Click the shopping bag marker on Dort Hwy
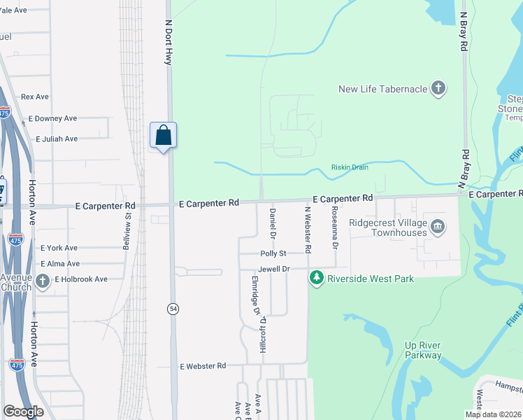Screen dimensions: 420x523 pos(163,134)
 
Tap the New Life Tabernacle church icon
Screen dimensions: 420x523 pos(438,89)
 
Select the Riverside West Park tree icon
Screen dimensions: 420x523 pos(317,279)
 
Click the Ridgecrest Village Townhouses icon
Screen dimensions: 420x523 pos(438,226)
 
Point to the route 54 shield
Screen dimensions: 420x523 pos(171,308)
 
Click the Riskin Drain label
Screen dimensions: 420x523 pos(350,167)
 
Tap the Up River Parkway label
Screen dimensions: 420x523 pos(424,350)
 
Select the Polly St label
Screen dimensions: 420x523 pos(273,253)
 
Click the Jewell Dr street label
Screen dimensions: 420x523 pos(273,269)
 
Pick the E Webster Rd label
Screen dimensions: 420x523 pos(203,366)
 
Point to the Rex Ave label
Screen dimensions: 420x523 pos(35,97)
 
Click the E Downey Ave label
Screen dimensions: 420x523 pos(52,119)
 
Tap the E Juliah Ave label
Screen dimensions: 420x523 pos(52,139)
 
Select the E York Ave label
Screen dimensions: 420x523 pos(59,248)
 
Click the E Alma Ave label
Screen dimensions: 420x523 pos(60,264)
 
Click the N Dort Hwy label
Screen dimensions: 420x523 pos(168,42)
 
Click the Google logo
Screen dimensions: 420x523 pos(23,412)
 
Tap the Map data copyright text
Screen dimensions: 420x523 pos(493,414)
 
